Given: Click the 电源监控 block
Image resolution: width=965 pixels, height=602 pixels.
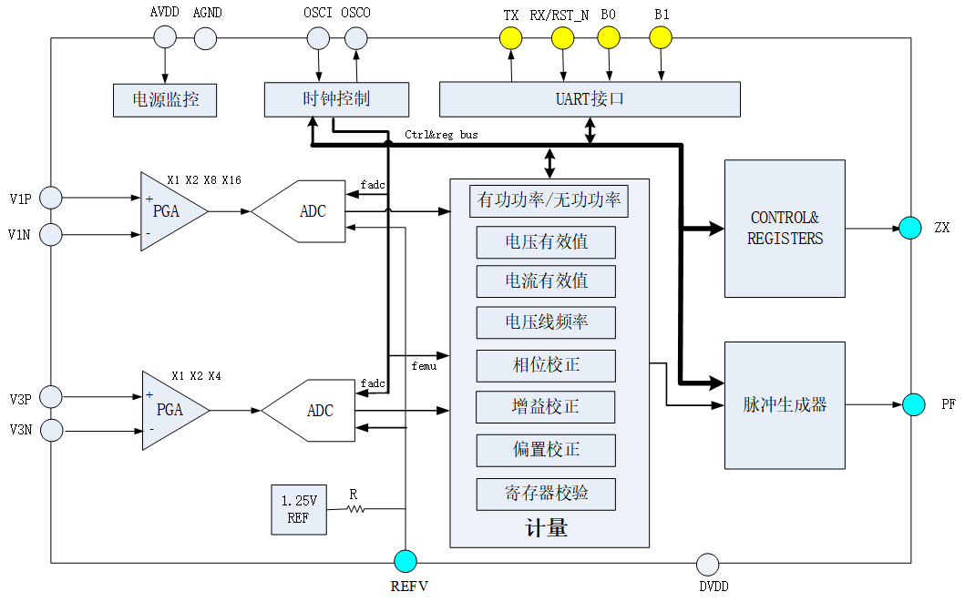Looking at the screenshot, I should (165, 100).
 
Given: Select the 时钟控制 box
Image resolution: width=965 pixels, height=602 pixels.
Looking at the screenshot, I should (336, 99).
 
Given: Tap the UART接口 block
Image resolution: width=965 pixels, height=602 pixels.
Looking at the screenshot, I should (590, 99).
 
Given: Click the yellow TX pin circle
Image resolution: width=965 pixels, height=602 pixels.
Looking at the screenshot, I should (511, 37).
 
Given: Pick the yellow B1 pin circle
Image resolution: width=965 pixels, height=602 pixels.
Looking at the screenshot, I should (661, 37).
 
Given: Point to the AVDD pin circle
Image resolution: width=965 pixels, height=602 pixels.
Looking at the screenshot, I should (165, 37).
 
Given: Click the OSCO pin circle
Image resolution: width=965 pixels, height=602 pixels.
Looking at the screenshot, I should (356, 37).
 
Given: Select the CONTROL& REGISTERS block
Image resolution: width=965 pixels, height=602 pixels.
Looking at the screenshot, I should (785, 229).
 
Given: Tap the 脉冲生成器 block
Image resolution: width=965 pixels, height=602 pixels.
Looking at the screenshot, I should (785, 405).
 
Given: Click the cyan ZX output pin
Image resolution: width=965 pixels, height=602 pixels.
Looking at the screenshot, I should (910, 228).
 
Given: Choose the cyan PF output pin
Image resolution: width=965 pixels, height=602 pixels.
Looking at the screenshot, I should (914, 403).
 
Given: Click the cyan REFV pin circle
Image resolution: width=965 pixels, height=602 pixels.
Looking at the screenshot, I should (406, 562).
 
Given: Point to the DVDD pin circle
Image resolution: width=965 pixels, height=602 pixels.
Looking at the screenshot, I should (708, 564).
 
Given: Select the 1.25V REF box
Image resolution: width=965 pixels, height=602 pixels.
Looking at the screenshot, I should (299, 510).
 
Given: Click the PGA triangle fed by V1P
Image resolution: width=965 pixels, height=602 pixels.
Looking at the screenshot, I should (170, 211).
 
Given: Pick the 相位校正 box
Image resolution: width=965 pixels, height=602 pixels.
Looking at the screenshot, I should (546, 365).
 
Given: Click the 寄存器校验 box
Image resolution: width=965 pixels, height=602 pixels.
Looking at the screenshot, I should (546, 494).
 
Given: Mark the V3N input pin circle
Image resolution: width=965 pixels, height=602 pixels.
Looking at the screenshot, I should (51, 429).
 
